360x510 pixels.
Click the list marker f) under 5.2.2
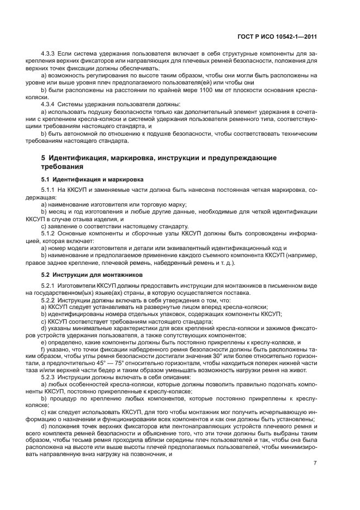pos(42,350)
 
